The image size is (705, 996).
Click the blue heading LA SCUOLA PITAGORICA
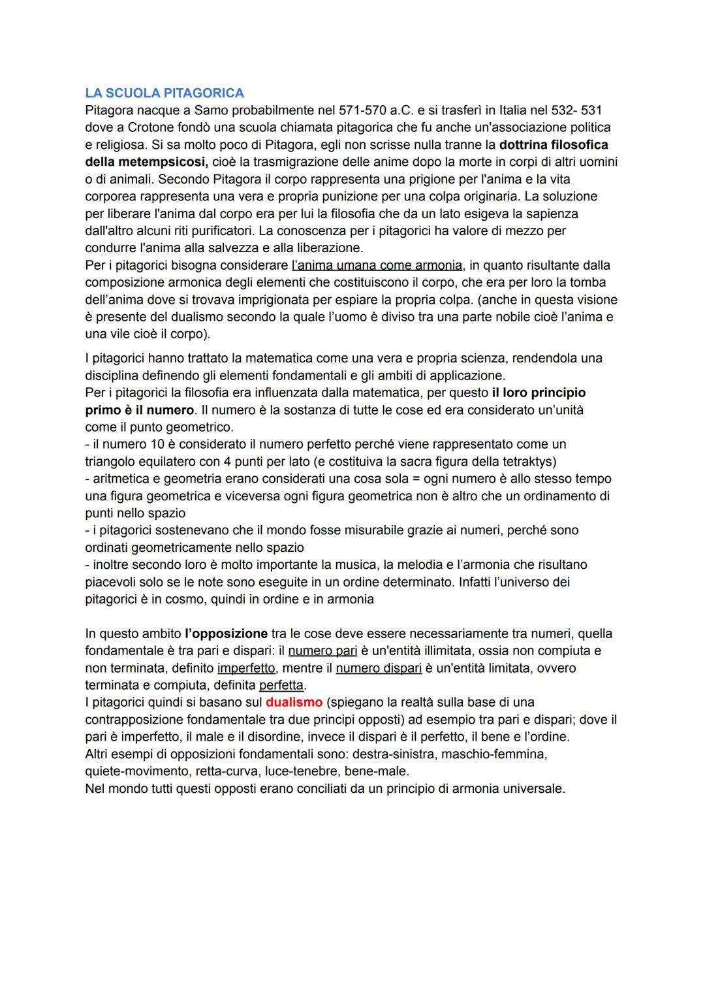(164, 93)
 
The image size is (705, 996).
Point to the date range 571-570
(363, 110)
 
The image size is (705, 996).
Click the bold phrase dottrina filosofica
(553, 144)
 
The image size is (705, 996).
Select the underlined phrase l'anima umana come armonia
(377, 265)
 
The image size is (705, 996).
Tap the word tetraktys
(525, 461)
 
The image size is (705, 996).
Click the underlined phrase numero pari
(322, 651)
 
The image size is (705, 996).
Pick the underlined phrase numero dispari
(379, 668)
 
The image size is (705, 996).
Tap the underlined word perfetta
(281, 685)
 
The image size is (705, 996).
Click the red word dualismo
(294, 702)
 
